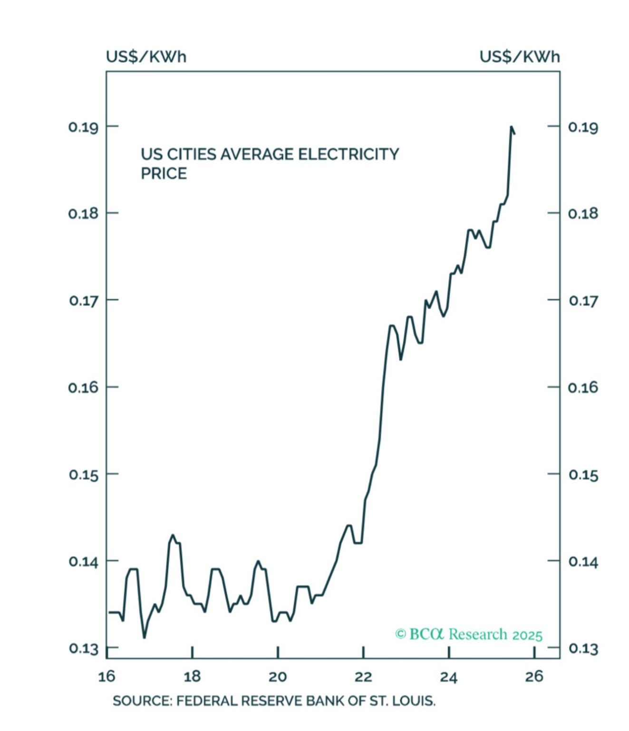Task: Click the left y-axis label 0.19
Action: pyautogui.click(x=83, y=127)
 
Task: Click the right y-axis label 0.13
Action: pyautogui.click(x=583, y=648)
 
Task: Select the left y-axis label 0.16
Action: pyautogui.click(x=83, y=387)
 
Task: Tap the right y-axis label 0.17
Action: pyautogui.click(x=583, y=301)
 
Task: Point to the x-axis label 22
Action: pyautogui.click(x=363, y=676)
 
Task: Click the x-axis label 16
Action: pyautogui.click(x=106, y=676)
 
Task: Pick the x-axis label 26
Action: pyautogui.click(x=534, y=676)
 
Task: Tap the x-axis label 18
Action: pyautogui.click(x=192, y=676)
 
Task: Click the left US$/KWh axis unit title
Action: pyautogui.click(x=146, y=57)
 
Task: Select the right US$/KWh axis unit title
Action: pyautogui.click(x=520, y=57)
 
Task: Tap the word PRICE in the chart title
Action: pyautogui.click(x=164, y=174)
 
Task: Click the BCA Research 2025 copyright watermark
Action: pyautogui.click(x=469, y=634)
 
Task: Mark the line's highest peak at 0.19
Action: pyautogui.click(x=511, y=127)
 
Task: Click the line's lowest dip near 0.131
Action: pyautogui.click(x=144, y=637)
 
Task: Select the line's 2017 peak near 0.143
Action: pyautogui.click(x=173, y=535)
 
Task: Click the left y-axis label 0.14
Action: pyautogui.click(x=83, y=562)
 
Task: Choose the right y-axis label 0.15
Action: pyautogui.click(x=583, y=474)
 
